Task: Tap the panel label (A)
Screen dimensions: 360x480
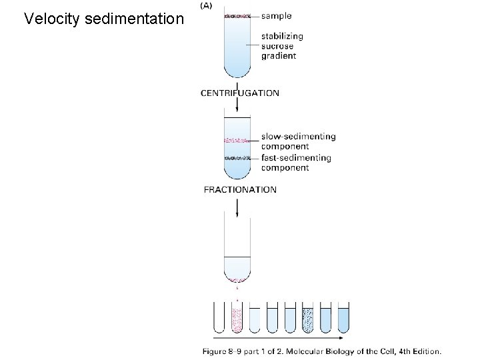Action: [x=207, y=6]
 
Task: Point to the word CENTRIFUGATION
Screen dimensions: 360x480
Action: [x=240, y=93]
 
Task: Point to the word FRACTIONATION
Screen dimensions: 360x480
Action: [x=240, y=189]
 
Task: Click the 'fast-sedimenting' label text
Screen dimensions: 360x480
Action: [x=296, y=158]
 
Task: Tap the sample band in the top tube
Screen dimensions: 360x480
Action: [x=237, y=15]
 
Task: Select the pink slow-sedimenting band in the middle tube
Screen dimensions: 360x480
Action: [x=237, y=140]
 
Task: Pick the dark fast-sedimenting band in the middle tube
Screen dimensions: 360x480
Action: [x=237, y=158]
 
